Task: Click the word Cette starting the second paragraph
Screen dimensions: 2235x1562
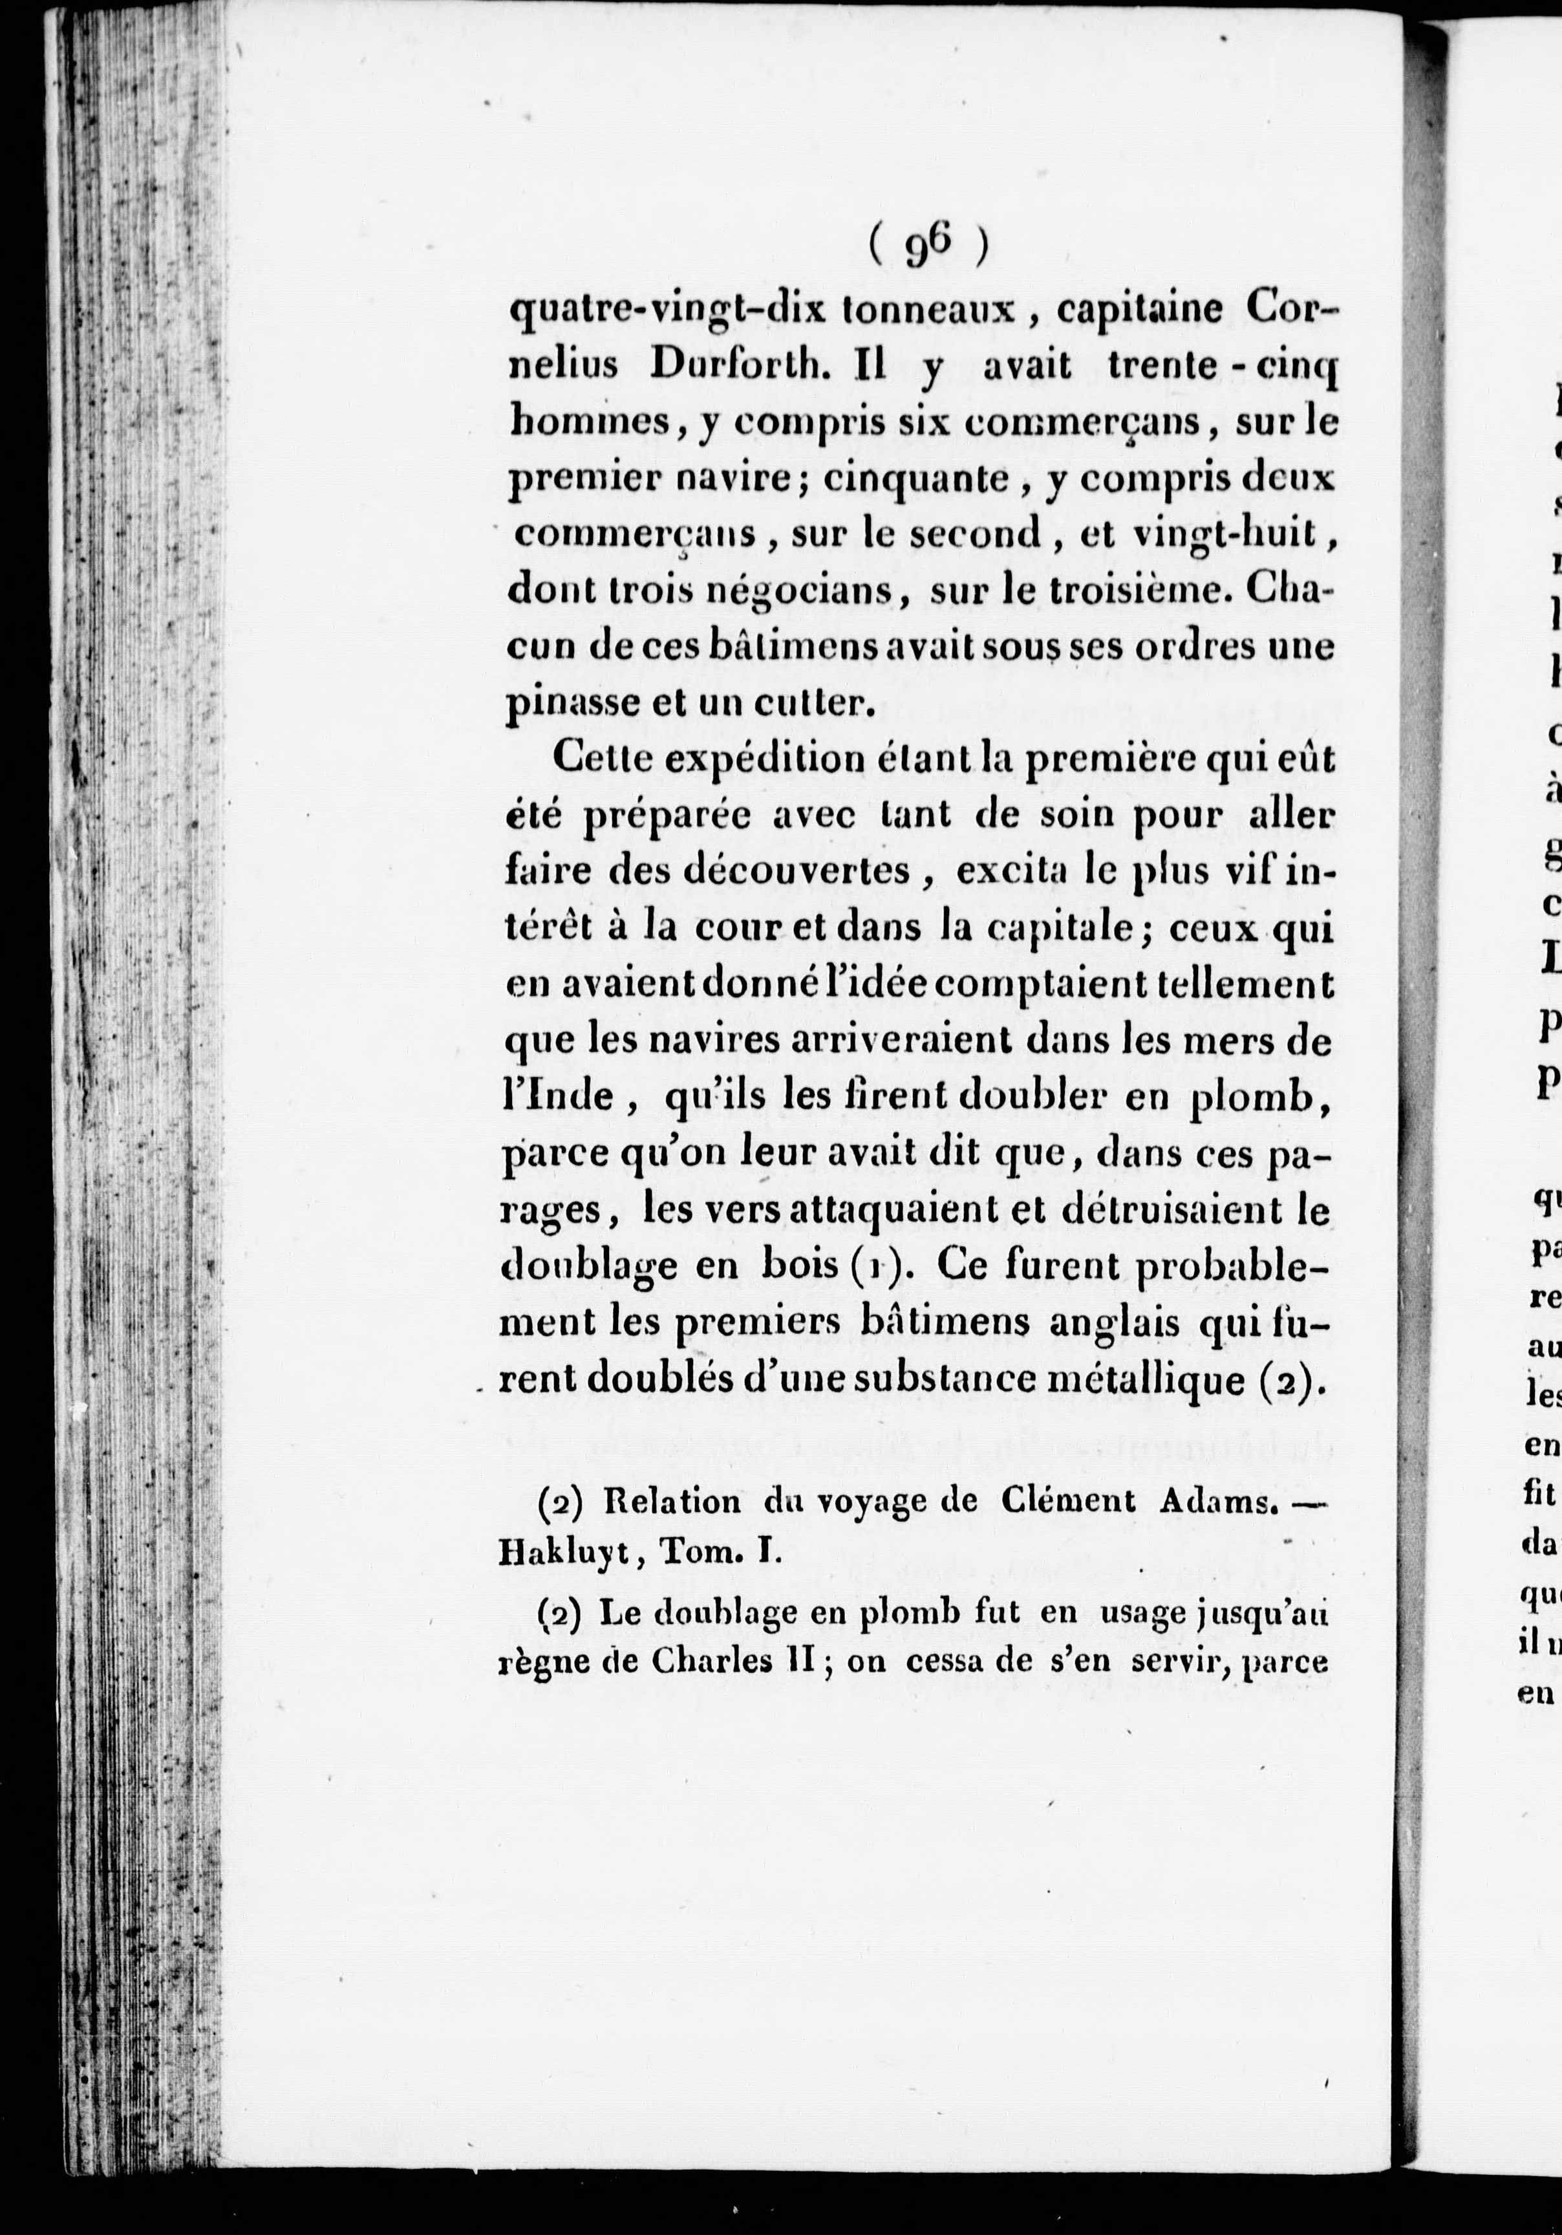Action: coord(601,759)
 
